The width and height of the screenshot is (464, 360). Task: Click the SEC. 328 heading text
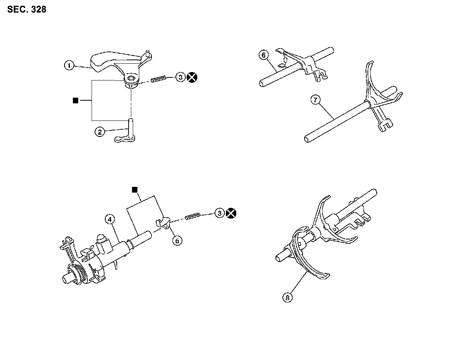(27, 10)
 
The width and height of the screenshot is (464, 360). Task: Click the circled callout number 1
(69, 66)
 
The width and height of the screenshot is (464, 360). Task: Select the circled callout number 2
(100, 132)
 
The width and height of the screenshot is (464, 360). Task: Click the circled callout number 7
(315, 100)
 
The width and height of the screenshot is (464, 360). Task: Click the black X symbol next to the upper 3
(193, 77)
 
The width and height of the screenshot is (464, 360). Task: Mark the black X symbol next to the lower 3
(230, 213)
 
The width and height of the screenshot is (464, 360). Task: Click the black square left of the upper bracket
(76, 100)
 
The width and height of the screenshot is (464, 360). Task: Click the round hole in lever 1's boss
(131, 79)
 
